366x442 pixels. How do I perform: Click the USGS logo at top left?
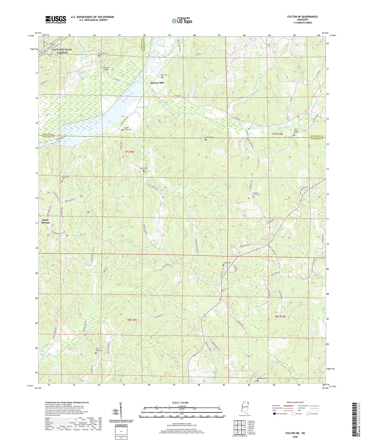coord(56,19)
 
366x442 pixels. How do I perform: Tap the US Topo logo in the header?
coord(182,21)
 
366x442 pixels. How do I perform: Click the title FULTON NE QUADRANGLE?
coord(302,17)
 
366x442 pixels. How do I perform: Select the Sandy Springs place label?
coord(46,221)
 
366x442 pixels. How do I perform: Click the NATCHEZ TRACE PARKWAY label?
coord(62,51)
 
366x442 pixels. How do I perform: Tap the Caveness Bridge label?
coord(106,69)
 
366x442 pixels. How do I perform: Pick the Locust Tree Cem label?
coord(256,194)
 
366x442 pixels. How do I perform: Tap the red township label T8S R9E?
coord(132,320)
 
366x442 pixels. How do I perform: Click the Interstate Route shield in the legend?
coord(275,414)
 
